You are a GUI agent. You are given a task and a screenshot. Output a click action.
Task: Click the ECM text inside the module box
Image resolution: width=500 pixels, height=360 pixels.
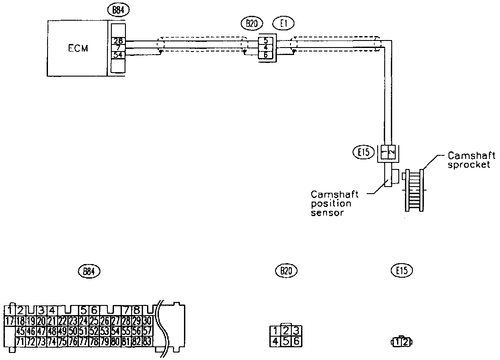pyautogui.click(x=77, y=48)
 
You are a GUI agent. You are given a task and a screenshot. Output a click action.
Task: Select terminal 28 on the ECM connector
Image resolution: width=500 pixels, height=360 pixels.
pyautogui.click(x=118, y=40)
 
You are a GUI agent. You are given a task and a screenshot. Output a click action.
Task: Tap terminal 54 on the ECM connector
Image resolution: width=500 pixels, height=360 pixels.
pyautogui.click(x=118, y=55)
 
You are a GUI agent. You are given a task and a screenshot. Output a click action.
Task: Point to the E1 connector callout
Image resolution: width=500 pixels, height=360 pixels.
pyautogui.click(x=283, y=24)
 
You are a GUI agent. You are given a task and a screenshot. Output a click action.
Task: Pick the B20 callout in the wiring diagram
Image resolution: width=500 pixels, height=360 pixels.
pyautogui.click(x=250, y=24)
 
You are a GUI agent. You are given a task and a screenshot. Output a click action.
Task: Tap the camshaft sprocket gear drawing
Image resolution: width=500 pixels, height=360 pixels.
pyautogui.click(x=414, y=190)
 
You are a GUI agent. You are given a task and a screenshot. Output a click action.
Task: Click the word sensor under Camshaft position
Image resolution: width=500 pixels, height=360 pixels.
pyautogui.click(x=327, y=213)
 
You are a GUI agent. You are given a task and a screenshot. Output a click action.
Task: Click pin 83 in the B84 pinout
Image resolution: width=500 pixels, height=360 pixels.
pyautogui.click(x=147, y=342)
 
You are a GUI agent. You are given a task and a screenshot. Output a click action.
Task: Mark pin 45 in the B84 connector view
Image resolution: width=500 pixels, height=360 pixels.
pyautogui.click(x=20, y=331)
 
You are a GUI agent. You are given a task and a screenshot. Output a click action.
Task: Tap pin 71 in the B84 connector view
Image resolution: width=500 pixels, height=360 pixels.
pyautogui.click(x=20, y=342)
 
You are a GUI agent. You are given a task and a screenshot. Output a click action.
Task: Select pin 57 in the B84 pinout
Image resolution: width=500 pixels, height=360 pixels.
pyautogui.click(x=147, y=331)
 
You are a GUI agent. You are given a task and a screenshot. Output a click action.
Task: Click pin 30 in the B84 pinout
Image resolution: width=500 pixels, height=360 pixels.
pyautogui.click(x=147, y=321)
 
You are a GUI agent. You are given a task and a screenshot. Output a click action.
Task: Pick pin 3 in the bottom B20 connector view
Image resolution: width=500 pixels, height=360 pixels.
pyautogui.click(x=297, y=331)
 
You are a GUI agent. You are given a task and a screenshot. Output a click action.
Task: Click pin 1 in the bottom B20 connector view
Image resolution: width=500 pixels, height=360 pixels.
pyautogui.click(x=275, y=331)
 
